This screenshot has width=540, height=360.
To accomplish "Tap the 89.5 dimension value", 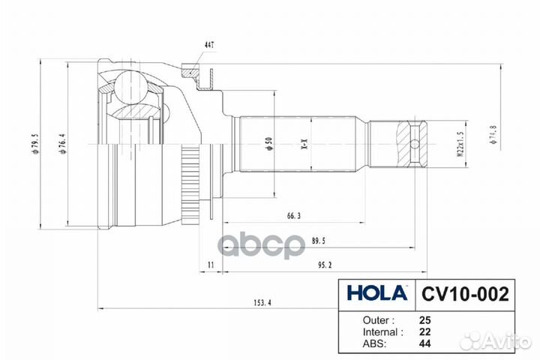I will (x=318, y=241).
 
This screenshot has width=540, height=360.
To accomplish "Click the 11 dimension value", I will (x=211, y=265).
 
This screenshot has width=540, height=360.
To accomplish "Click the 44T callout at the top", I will (x=208, y=46).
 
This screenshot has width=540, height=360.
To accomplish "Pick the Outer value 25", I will (x=426, y=319).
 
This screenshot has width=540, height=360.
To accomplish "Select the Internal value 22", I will (x=426, y=331).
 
